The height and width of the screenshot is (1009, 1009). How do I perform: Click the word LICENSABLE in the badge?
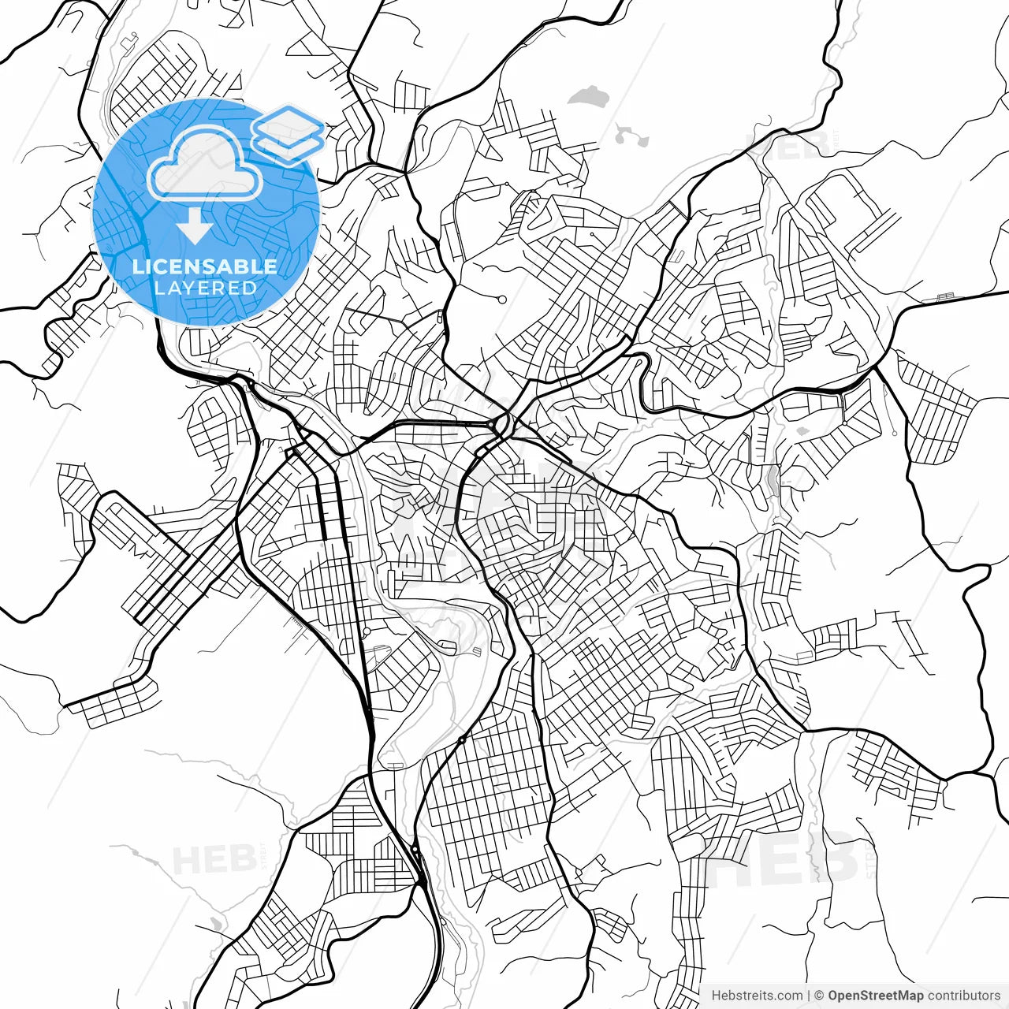click(x=205, y=266)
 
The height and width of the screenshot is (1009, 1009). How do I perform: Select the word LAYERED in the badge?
click(x=205, y=288)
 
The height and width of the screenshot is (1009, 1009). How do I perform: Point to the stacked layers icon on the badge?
click(x=288, y=134)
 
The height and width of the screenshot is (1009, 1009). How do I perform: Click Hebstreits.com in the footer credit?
click(x=757, y=996)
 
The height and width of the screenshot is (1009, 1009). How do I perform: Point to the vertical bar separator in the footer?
click(x=810, y=996)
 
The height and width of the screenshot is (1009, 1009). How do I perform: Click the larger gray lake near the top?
click(x=588, y=98)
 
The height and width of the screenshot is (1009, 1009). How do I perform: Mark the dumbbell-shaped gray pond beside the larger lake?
click(x=631, y=136)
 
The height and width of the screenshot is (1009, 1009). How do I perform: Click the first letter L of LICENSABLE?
click(x=136, y=266)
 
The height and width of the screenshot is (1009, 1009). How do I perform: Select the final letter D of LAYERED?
click(x=250, y=288)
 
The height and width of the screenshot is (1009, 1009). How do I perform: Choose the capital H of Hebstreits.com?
click(x=716, y=996)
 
